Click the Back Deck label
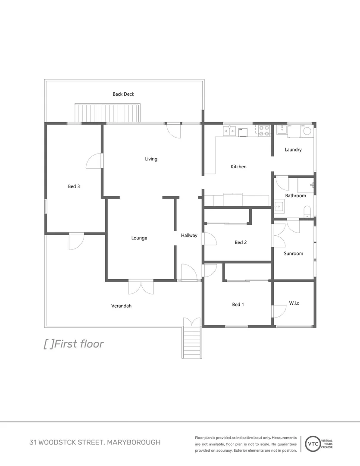[x=124, y=94]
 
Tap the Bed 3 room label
[x=74, y=186]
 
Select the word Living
[x=151, y=159]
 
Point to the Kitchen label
[x=238, y=167]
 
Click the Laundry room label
[x=293, y=150]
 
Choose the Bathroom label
[x=295, y=195]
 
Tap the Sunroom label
[x=293, y=253]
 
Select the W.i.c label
[x=294, y=303]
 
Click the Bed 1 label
[x=238, y=305]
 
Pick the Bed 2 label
[x=241, y=242]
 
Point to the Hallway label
[x=189, y=236]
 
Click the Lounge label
[x=139, y=238]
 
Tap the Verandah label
[x=121, y=306]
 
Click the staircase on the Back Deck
[x=108, y=113]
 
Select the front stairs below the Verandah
[x=192, y=342]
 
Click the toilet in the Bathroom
[x=307, y=210]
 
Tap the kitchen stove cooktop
[x=264, y=130]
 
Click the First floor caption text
[x=79, y=344]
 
